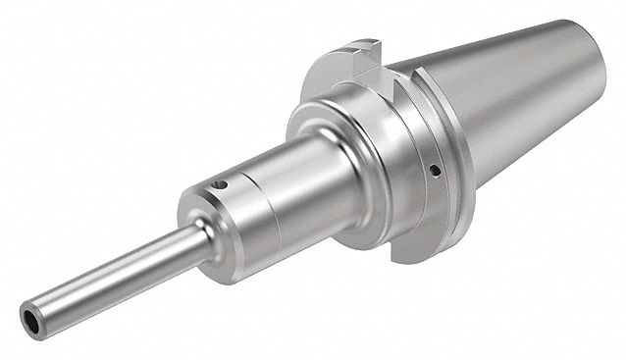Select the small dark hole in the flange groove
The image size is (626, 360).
(433, 172)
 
